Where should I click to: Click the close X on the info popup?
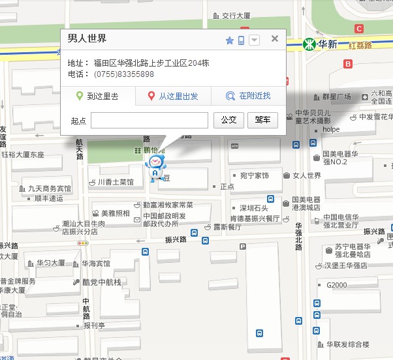pos(275,38)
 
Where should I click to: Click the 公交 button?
pos(228,120)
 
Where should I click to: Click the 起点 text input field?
pos(149,120)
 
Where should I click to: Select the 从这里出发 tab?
pos(173,97)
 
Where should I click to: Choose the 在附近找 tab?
pos(249,97)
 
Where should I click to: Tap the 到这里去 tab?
pos(98,97)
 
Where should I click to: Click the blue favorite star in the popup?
pos(229,40)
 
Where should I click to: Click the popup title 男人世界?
pos(87,38)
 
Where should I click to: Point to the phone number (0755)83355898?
pos(124,74)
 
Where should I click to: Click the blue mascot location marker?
pos(155,168)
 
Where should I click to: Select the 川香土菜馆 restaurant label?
pos(115,182)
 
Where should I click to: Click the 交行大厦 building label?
pos(236,15)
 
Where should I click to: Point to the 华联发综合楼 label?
pos(347,344)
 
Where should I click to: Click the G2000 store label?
pos(336,285)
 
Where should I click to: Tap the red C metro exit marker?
pos(358,29)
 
